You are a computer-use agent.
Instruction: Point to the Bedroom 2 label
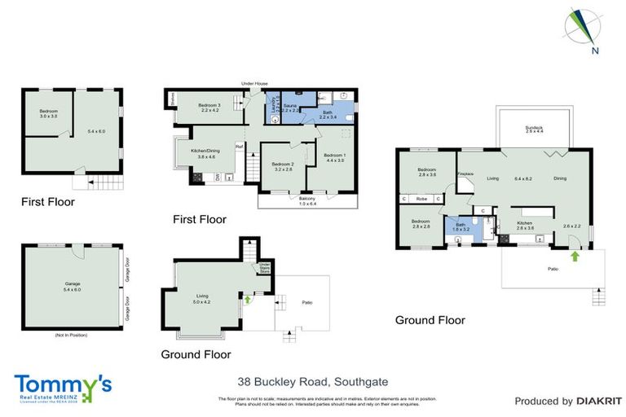coord(283,167)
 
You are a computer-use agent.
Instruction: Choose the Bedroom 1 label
coord(335,158)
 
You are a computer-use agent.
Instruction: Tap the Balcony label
coord(307,200)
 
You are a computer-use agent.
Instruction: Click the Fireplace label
coord(465,173)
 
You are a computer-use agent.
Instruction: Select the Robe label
coord(421,199)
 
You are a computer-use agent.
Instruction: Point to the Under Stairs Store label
coord(264,269)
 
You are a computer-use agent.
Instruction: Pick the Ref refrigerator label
coord(240,147)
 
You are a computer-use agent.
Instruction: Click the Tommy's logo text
coord(63,384)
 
